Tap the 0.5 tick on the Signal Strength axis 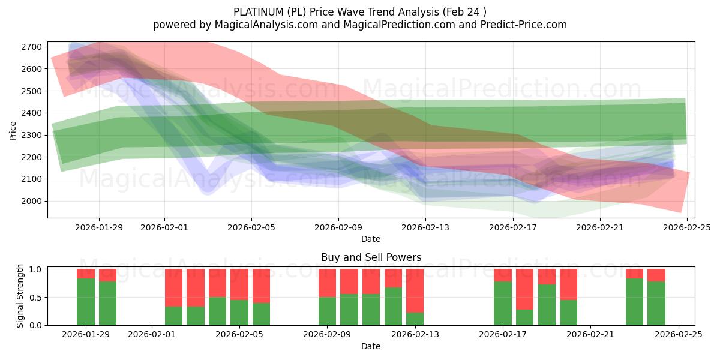pyautogui.click(x=36, y=297)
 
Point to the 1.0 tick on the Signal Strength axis pyautogui.click(x=36, y=269)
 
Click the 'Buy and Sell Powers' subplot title pyautogui.click(x=371, y=257)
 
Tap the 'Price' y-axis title pyautogui.click(x=13, y=130)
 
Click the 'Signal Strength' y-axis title pyautogui.click(x=20, y=296)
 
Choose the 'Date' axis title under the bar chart pyautogui.click(x=371, y=346)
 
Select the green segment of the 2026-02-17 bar pyautogui.click(x=503, y=303)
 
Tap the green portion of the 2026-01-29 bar pyautogui.click(x=86, y=301)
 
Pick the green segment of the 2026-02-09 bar pyautogui.click(x=327, y=311)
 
